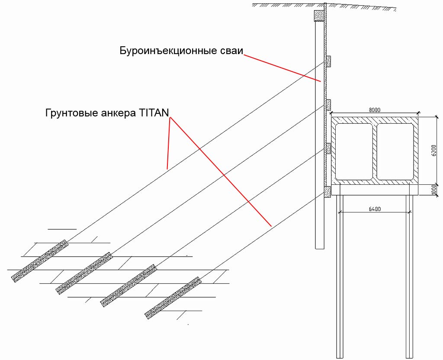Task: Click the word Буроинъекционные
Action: click(168, 51)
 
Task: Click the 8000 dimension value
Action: click(375, 110)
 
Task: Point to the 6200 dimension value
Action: click(434, 150)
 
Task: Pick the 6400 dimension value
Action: click(375, 209)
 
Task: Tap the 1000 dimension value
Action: click(434, 190)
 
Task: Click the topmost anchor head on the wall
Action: click(329, 61)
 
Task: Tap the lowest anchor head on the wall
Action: click(328, 192)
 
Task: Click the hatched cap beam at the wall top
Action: click(319, 16)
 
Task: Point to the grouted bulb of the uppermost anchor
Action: click(40, 261)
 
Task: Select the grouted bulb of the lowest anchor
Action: click(173, 298)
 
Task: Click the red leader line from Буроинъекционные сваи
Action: click(282, 68)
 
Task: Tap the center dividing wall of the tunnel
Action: click(375, 151)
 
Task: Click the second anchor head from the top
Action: click(329, 105)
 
